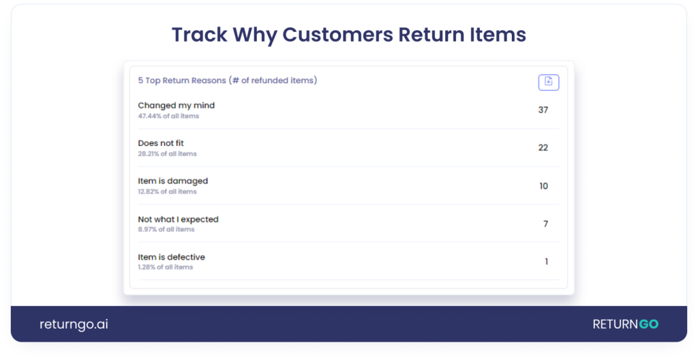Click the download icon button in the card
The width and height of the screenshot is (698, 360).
[x=549, y=82]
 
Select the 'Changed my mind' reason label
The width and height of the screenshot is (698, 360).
[x=176, y=106]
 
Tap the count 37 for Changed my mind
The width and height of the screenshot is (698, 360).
[x=543, y=110]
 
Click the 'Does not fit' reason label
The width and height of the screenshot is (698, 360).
[x=161, y=143]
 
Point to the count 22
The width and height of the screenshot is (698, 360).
[x=543, y=147]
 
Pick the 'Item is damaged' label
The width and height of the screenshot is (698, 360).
[x=172, y=181]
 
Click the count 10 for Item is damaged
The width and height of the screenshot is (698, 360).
[x=543, y=186]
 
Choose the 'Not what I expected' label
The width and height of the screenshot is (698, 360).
[x=178, y=220]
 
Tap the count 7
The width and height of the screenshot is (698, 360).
[x=545, y=224]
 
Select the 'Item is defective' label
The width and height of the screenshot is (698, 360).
[x=171, y=257]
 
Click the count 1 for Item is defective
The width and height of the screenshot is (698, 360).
[x=546, y=262]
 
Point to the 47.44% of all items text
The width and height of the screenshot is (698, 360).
[x=168, y=117]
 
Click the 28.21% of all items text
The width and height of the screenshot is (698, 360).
[x=167, y=154]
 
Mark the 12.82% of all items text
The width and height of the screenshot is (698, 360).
[x=167, y=192]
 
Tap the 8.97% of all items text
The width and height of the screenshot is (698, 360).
[x=166, y=230]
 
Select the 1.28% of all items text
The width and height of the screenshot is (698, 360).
[x=165, y=267]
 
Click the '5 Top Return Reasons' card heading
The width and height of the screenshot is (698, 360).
[x=227, y=80]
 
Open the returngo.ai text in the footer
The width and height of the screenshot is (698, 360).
[x=74, y=325]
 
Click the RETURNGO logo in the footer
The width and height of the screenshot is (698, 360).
[x=625, y=325]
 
